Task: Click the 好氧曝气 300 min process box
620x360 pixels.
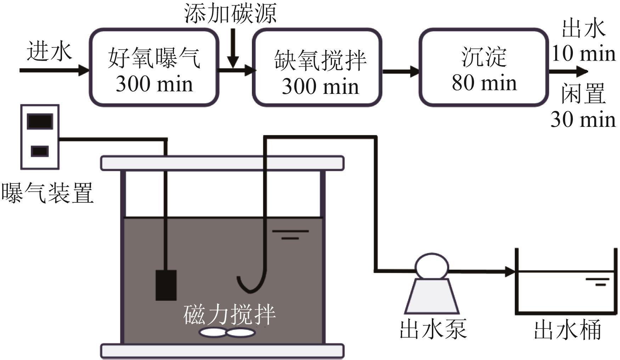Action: tap(154, 67)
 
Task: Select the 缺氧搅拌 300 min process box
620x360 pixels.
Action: tap(317, 67)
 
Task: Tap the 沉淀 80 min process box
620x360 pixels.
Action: tap(484, 67)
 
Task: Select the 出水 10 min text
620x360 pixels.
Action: tap(583, 41)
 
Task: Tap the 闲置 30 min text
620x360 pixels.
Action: tap(583, 106)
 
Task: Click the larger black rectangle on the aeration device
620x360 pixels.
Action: tap(40, 121)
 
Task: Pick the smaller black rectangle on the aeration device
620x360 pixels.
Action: tap(40, 151)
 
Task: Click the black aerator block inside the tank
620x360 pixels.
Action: tap(166, 285)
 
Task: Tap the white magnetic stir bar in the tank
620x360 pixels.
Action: tap(227, 332)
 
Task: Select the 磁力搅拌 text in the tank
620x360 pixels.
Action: tap(230, 314)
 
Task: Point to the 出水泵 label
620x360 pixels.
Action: tap(433, 329)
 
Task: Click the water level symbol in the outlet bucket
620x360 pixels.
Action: tap(597, 282)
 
